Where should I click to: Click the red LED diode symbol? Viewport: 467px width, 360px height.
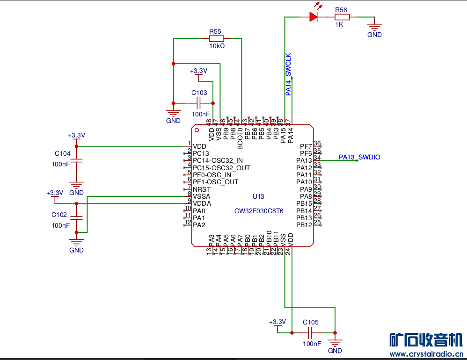[x=314, y=17]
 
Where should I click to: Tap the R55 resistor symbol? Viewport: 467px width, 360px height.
[x=216, y=39]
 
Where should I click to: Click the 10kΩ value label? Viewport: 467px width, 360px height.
[x=217, y=46]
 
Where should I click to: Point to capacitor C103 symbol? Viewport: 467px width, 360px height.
[x=200, y=103]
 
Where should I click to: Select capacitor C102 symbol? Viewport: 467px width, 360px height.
[x=76, y=218]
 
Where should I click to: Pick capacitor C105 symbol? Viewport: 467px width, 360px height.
[x=310, y=332]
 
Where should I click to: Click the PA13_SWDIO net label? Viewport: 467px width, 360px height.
[x=359, y=157]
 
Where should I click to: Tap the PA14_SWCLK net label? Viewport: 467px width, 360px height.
[x=288, y=74]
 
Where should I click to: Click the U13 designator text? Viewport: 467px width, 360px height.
[x=258, y=196]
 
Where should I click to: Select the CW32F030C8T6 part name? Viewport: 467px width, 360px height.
[x=259, y=211]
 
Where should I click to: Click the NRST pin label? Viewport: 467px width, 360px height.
[x=202, y=189]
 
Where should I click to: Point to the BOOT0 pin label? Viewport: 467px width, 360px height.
[x=240, y=138]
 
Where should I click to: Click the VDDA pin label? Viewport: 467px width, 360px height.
[x=202, y=204]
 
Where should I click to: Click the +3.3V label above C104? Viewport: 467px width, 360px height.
[x=76, y=135]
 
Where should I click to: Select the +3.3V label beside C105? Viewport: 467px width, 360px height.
[x=277, y=322]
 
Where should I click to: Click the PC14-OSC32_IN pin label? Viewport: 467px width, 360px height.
[x=218, y=160]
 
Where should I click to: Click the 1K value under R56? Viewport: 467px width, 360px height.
[x=339, y=24]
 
